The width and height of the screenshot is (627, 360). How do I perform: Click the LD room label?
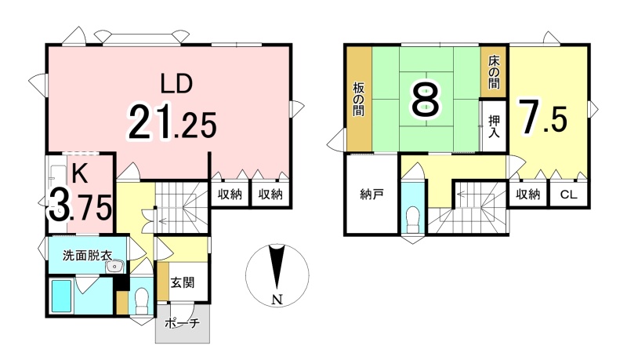point(176,84)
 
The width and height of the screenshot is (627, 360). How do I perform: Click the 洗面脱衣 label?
point(87,255)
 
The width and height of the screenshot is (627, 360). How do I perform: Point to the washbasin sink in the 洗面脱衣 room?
point(115,267)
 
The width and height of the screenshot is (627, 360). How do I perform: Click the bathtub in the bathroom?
point(61,296)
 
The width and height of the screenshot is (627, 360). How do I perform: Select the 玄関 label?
point(183,282)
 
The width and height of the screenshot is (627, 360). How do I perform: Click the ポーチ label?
point(183,323)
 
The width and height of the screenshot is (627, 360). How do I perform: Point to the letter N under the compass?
point(277,299)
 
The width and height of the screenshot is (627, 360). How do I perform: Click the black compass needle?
point(277,267)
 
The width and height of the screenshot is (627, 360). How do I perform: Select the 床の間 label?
point(494,72)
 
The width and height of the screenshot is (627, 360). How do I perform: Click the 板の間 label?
point(358,99)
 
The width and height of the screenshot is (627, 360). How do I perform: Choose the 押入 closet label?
point(495,126)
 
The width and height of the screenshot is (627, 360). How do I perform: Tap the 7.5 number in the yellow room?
point(542,116)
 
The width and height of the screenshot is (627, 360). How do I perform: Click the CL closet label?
point(569,195)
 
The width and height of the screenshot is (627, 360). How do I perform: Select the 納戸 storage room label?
point(371,195)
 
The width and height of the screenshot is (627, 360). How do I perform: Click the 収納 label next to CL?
point(527,195)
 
